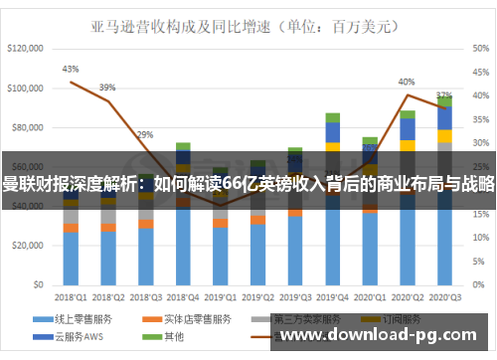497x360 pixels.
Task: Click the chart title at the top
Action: tap(248, 21)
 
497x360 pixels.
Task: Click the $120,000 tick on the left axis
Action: tap(27, 48)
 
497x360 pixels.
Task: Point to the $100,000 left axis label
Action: tap(27, 89)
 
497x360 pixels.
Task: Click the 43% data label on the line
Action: tap(70, 70)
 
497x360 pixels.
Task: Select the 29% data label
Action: tap(145, 134)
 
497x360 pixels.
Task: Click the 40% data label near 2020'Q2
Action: tap(407, 82)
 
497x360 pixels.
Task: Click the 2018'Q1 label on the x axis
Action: tap(70, 296)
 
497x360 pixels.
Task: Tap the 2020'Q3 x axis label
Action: tap(444, 296)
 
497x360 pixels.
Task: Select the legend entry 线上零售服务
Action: tap(80, 320)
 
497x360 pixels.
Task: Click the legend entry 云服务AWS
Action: tap(80, 336)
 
